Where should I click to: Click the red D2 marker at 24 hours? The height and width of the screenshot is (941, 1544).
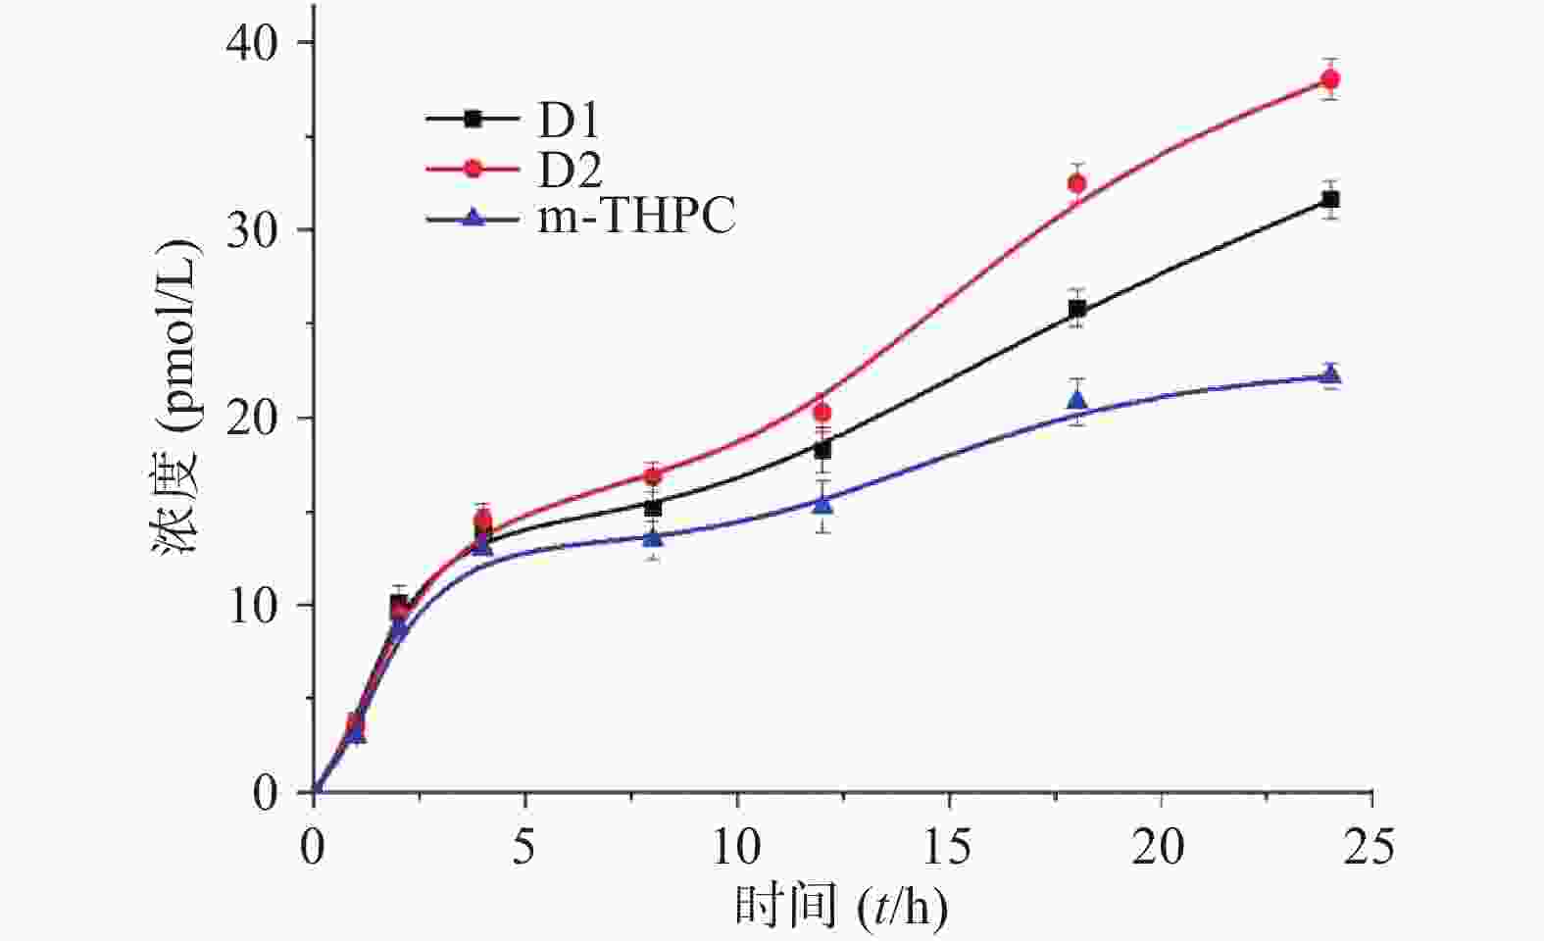point(1330,79)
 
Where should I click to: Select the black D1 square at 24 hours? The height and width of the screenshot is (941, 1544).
point(1330,200)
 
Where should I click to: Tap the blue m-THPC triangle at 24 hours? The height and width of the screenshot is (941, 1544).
point(1330,374)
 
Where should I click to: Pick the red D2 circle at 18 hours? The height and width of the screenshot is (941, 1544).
point(1076,183)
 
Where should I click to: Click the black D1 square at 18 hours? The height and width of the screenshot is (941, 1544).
point(1076,309)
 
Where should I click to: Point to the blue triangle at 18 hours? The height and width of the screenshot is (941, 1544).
point(1076,400)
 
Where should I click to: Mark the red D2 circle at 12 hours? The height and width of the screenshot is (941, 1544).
point(822,412)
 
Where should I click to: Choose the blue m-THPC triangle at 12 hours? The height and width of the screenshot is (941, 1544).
point(822,504)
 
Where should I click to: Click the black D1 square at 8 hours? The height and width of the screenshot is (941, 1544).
point(653,507)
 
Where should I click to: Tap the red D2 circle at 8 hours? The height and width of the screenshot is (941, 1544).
point(653,475)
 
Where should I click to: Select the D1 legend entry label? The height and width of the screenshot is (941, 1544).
point(569,121)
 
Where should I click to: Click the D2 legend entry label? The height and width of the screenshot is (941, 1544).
point(569,170)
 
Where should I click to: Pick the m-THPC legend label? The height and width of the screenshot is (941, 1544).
point(636,217)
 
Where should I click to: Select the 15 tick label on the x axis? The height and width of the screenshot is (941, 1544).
point(948,846)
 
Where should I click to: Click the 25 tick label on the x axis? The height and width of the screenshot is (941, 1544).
point(1370,846)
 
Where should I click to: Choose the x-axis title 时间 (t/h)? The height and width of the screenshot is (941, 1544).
point(841,907)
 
